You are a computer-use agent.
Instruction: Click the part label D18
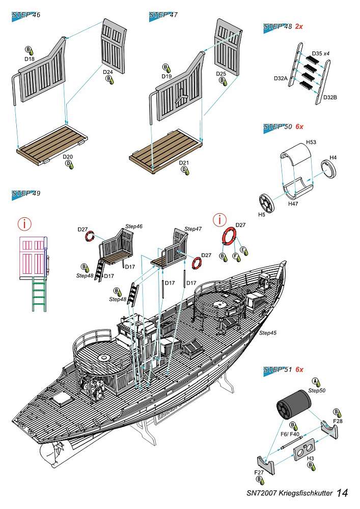29,59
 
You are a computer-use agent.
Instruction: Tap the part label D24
107,72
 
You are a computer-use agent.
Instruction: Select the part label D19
166,76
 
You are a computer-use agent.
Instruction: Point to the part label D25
220,74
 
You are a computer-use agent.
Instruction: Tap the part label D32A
281,78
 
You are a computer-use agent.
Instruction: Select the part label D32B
329,97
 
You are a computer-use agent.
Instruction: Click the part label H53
312,143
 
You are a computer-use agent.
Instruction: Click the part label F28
338,421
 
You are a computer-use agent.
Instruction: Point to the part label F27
259,472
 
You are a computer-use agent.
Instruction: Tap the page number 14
342,493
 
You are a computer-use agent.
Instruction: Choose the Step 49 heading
26,193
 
